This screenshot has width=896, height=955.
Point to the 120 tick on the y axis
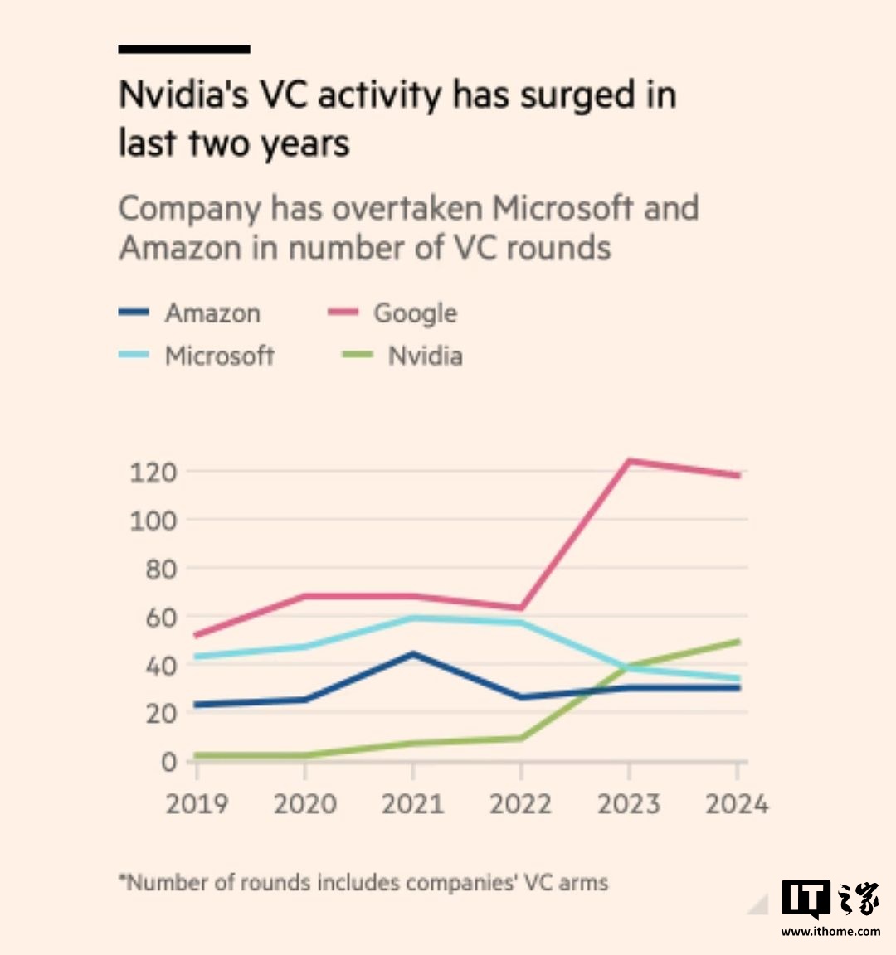tap(153, 473)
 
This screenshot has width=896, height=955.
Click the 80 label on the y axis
tap(160, 570)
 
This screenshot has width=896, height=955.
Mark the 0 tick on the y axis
tap(169, 762)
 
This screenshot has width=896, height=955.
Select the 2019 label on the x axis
tap(197, 804)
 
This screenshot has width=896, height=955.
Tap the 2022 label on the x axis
tap(520, 804)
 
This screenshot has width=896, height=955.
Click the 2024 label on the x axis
tap(737, 804)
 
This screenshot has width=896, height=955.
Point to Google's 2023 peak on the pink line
tap(629, 461)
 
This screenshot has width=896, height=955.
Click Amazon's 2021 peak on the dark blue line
tap(412, 654)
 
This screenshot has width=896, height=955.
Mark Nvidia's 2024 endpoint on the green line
tap(738, 641)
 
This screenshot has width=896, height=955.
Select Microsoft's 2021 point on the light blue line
tap(412, 618)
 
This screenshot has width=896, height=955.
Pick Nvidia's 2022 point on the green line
tap(520, 738)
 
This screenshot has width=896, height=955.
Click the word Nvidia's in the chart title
tap(183, 95)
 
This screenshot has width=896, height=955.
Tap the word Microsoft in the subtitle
tap(562, 208)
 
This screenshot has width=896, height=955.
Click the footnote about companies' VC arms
tap(363, 882)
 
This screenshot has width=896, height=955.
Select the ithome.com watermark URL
tap(830, 932)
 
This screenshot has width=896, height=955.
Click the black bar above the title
tap(184, 50)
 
